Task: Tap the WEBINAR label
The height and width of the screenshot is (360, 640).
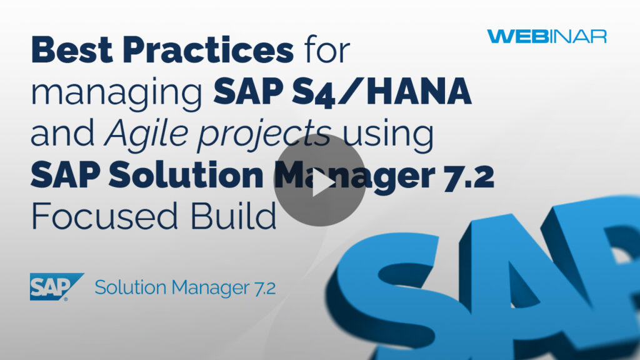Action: click(x=547, y=36)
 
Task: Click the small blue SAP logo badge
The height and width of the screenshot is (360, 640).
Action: click(x=56, y=287)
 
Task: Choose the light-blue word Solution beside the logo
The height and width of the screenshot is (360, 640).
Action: click(x=131, y=288)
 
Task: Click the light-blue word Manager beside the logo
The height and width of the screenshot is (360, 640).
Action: click(x=206, y=288)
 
